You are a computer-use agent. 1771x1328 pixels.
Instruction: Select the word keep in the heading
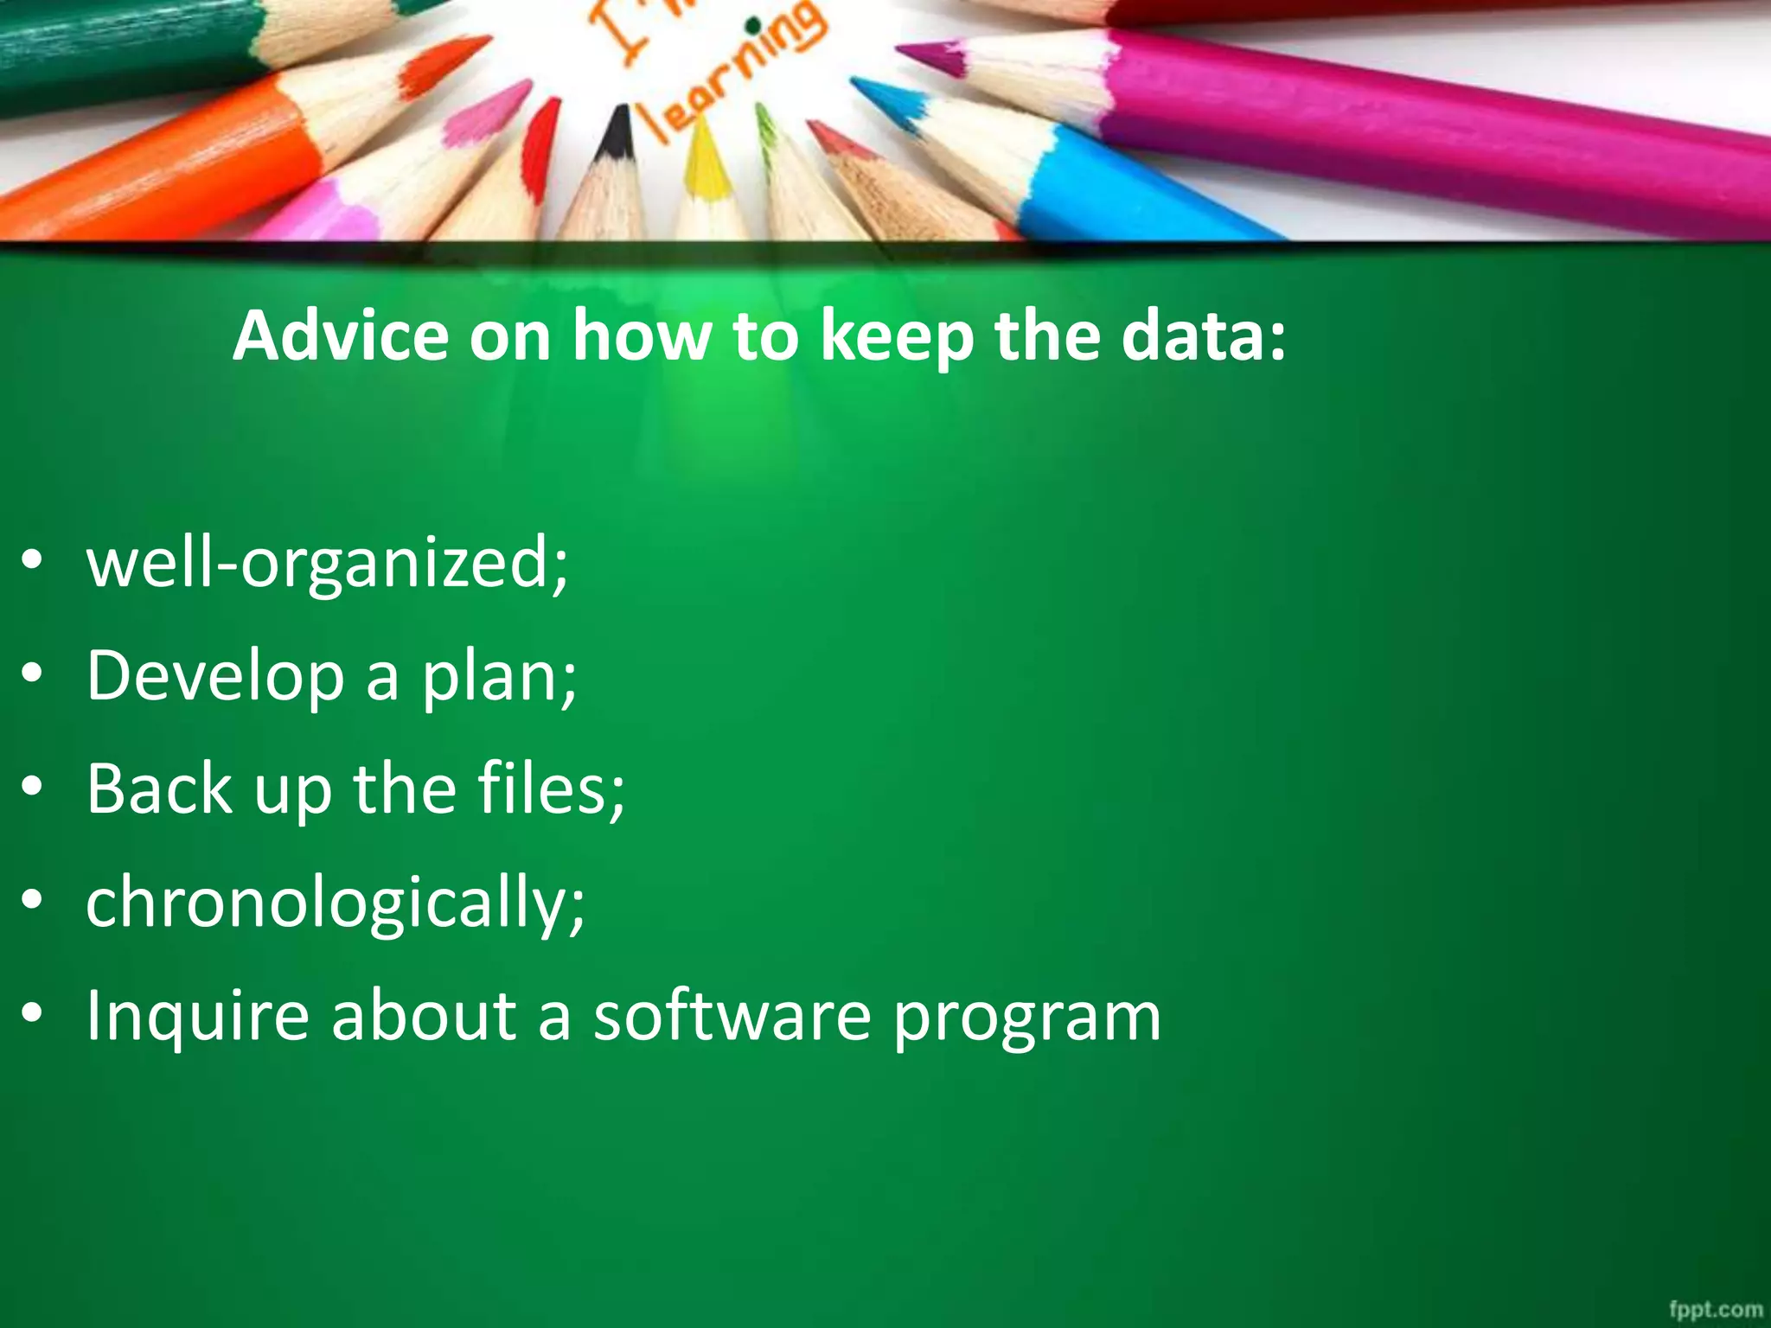point(896,337)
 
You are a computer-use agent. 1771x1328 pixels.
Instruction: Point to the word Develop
point(215,677)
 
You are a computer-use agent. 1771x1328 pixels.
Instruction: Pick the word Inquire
point(198,1015)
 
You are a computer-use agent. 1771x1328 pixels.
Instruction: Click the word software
point(732,1015)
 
